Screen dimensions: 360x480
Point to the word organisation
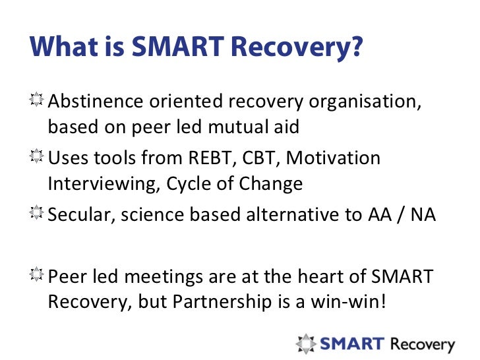tap(371, 102)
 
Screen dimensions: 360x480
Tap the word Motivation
tap(334, 159)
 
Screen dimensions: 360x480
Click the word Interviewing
tap(98, 184)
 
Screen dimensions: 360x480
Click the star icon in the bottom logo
tap(306, 344)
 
